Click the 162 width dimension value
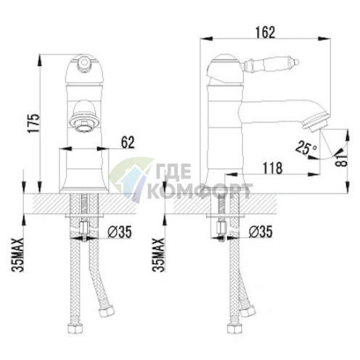pos(266,33)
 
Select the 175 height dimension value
pos(33,123)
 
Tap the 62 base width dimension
pos(127,142)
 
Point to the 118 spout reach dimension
pos(272,168)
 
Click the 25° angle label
pos(306,147)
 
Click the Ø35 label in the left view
pos(119,232)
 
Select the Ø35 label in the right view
pos(261,232)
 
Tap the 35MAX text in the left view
pos(18,255)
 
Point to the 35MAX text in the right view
pos(159,255)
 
